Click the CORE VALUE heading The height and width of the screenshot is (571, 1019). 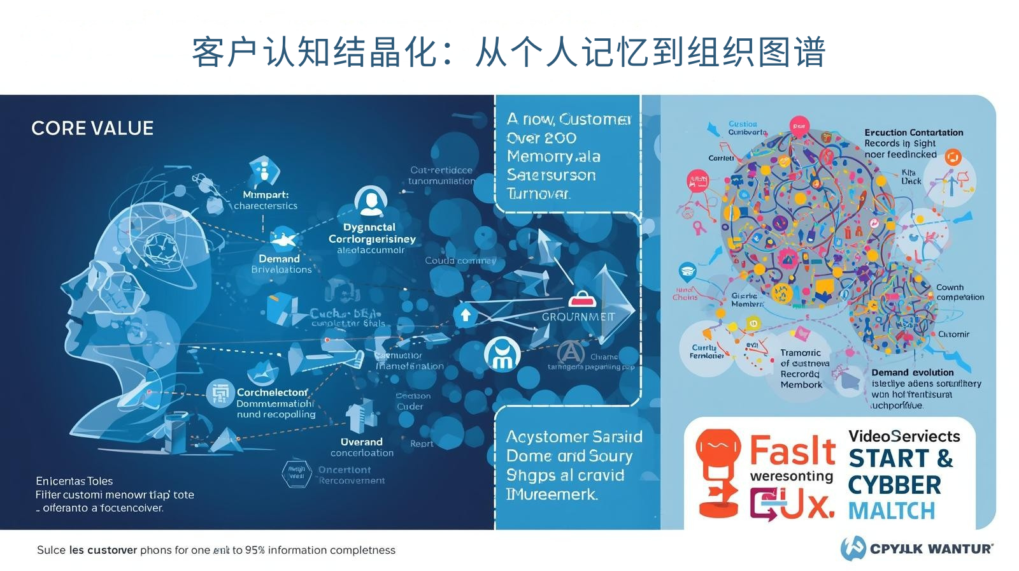[x=92, y=128]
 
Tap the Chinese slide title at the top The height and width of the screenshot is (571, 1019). [x=508, y=52]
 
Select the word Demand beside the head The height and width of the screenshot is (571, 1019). [x=279, y=259]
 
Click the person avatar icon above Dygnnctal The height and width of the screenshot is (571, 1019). [x=371, y=201]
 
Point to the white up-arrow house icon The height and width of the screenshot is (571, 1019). [x=466, y=315]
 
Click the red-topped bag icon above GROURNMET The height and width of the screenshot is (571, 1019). [x=581, y=299]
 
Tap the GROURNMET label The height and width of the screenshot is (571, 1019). [x=578, y=317]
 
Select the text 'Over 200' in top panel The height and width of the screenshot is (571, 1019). [x=541, y=138]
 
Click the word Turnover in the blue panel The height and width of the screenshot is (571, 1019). [x=538, y=194]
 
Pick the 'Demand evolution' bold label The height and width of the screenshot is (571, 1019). [x=912, y=372]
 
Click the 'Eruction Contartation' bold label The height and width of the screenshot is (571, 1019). [x=913, y=133]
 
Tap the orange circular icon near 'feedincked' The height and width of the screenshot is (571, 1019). [x=953, y=157]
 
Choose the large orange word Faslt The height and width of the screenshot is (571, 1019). [x=792, y=451]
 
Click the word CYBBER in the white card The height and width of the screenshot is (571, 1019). [x=894, y=486]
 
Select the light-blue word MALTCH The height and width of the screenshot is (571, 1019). [x=892, y=511]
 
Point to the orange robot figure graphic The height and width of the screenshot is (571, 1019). [x=718, y=472]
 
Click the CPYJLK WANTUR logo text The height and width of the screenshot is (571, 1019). [x=931, y=549]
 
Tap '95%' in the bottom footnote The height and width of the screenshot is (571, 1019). [x=255, y=550]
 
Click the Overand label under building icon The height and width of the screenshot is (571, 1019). [x=361, y=442]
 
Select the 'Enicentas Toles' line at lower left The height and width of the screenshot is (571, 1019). [x=74, y=481]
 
